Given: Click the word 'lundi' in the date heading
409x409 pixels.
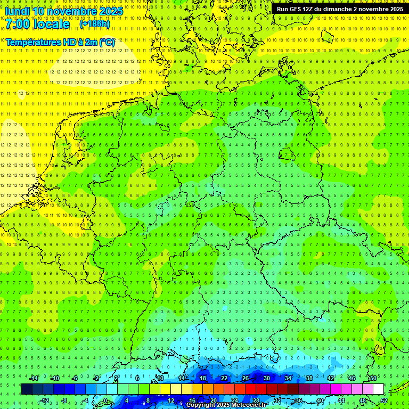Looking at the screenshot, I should [17, 11].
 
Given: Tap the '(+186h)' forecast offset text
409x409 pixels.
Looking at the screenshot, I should [94, 24].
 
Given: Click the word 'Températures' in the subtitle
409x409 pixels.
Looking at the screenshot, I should [32, 42].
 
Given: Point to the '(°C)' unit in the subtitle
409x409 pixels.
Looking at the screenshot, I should [107, 42].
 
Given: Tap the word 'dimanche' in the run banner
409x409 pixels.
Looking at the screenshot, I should [339, 9].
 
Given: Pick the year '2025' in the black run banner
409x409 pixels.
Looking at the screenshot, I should [394, 9].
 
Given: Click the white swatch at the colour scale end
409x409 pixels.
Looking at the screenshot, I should [378, 389].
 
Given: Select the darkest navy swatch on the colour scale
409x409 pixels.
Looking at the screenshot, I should [27, 389].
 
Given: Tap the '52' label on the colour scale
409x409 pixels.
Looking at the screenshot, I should [384, 400].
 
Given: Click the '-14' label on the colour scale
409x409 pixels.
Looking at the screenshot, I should [34, 378].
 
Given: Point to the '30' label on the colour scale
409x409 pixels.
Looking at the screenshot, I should [266, 378].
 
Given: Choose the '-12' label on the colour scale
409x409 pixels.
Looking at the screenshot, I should [45, 400].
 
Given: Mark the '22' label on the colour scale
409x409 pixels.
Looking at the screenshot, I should [224, 378].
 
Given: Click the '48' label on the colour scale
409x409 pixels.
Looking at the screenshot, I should [363, 400].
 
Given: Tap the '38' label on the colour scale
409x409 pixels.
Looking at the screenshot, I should [309, 378].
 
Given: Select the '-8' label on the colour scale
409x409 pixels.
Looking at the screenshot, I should [65, 400].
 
